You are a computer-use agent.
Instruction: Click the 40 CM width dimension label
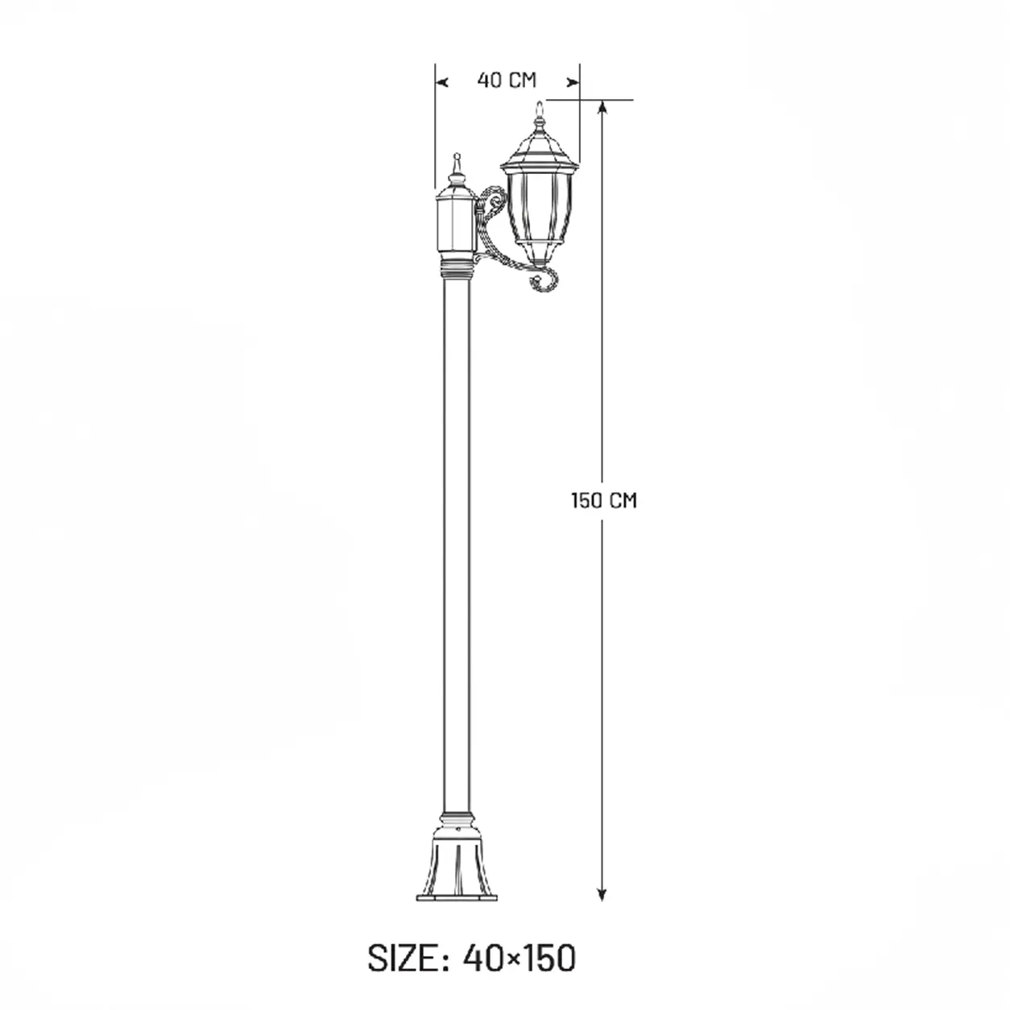[507, 81]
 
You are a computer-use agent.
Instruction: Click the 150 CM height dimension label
[604, 500]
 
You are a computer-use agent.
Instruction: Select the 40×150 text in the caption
[519, 958]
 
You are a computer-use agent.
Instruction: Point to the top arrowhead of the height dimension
[602, 106]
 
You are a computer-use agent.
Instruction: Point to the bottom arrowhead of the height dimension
[602, 894]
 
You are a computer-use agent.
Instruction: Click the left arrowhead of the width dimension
[442, 82]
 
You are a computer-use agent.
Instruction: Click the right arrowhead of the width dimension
[573, 82]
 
